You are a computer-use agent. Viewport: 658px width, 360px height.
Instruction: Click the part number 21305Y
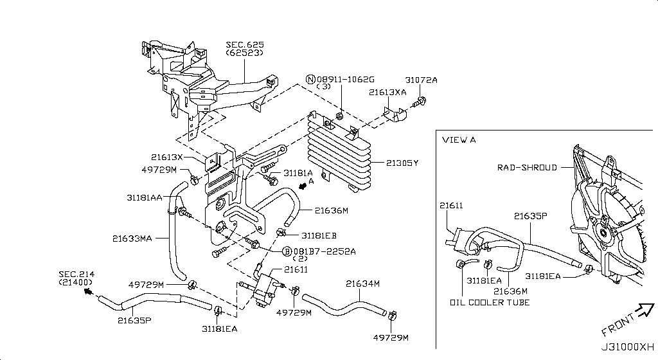click(402, 163)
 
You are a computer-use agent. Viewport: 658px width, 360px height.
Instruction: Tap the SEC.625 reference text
click(244, 45)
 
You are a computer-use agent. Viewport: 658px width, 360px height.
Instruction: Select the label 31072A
click(421, 80)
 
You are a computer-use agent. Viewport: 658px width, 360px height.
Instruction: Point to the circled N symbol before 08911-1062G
click(311, 80)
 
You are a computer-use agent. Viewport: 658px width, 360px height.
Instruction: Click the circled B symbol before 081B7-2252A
click(287, 251)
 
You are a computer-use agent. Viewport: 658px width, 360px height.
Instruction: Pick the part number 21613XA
click(387, 93)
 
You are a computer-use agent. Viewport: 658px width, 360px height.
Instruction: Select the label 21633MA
click(132, 239)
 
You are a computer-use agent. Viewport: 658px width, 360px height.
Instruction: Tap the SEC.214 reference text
click(76, 274)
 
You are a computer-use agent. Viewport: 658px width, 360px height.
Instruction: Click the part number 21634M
click(363, 283)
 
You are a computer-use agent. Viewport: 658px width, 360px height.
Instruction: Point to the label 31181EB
click(319, 235)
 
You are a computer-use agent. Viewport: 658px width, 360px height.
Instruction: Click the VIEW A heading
click(459, 139)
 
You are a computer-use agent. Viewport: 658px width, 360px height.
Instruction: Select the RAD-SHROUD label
click(527, 168)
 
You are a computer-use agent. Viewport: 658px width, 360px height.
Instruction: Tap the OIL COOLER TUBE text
click(490, 302)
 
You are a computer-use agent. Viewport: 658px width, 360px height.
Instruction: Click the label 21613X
click(167, 157)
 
